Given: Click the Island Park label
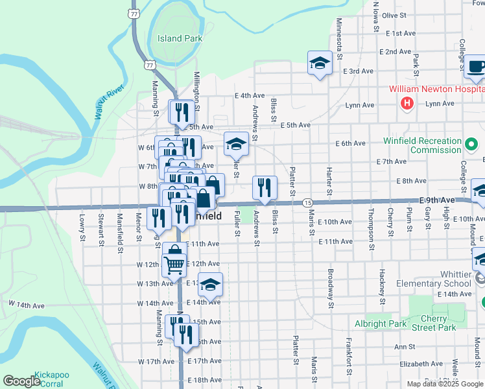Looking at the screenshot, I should (180, 38).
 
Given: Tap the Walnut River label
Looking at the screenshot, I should (108, 101).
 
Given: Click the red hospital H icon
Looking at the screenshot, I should (407, 102).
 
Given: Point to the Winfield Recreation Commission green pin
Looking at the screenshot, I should (472, 141).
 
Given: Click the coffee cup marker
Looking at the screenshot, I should (476, 66).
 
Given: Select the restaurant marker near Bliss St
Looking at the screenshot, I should (265, 187).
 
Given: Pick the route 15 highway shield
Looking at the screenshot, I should (307, 203).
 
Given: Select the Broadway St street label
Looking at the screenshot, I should (331, 288).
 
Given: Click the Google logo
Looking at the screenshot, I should (21, 381).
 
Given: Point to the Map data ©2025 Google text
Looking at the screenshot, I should (445, 384).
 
